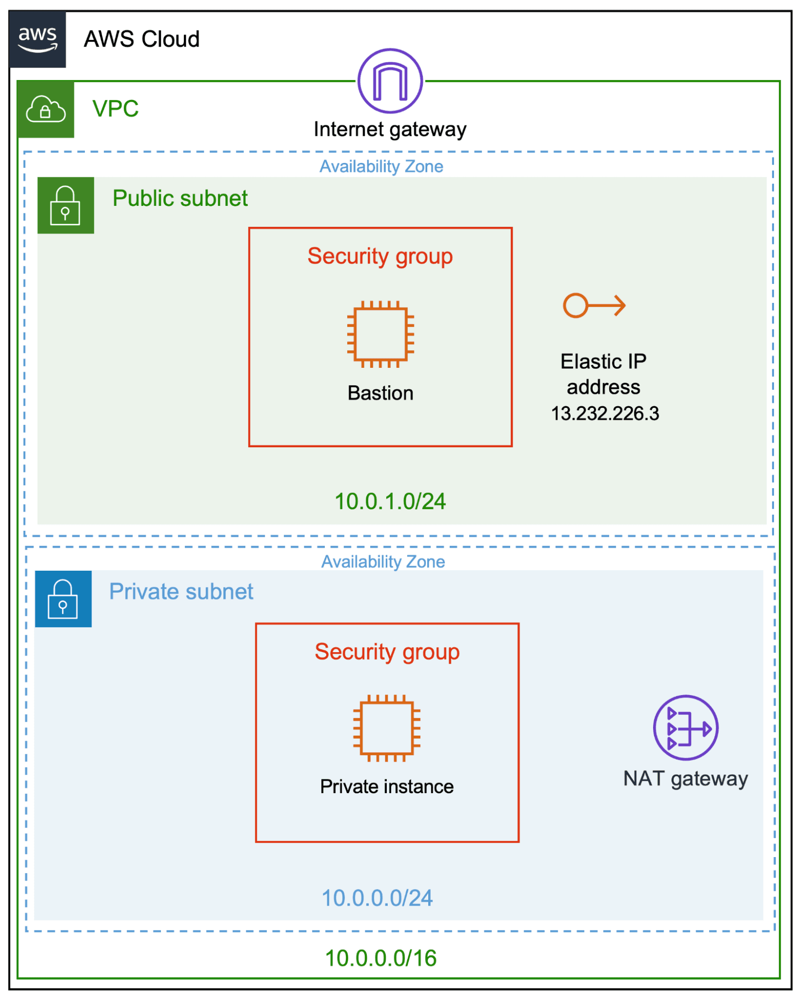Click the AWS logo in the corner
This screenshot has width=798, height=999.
click(37, 39)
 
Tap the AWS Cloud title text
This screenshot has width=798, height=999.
click(141, 39)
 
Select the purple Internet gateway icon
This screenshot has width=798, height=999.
click(390, 81)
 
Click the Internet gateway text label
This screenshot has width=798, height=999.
click(390, 129)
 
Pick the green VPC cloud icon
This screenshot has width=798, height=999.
click(45, 109)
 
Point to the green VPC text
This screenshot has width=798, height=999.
click(115, 108)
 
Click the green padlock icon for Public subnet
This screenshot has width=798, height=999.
click(65, 205)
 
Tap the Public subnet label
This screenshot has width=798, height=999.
click(180, 198)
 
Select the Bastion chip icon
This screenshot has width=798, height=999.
click(380, 334)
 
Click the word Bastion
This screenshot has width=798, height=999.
click(380, 393)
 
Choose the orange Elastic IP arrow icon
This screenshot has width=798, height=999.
click(594, 305)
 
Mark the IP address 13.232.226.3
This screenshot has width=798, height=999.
click(605, 413)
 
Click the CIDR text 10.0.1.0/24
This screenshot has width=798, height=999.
click(390, 501)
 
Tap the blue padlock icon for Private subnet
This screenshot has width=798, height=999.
click(63, 599)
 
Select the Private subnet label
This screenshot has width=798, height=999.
click(181, 592)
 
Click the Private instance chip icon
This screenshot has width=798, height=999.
click(387, 728)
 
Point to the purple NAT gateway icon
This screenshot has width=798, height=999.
click(686, 728)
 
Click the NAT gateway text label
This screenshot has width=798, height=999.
click(685, 779)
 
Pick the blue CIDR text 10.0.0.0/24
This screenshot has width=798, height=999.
click(377, 898)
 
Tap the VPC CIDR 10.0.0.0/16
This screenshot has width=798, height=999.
click(381, 958)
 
